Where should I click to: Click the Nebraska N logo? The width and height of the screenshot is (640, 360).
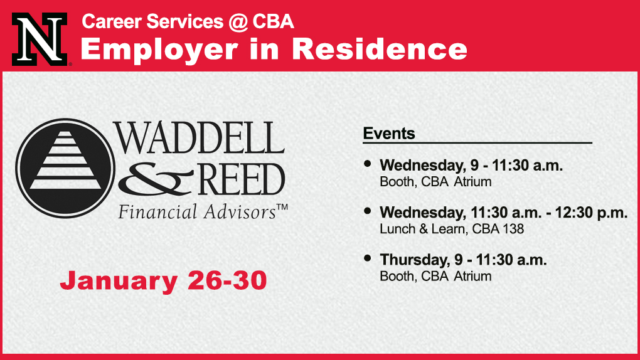point(40,39)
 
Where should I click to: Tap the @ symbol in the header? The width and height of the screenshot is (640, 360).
point(238,21)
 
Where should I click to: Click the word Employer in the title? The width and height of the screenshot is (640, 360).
point(159,50)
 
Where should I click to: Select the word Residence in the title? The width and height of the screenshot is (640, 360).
point(380,49)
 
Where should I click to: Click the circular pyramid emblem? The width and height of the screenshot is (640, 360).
point(65,168)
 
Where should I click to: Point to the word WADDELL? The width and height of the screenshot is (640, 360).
point(198,137)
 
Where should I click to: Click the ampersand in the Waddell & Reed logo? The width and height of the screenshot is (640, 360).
point(156,179)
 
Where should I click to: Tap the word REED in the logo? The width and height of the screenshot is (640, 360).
point(242,179)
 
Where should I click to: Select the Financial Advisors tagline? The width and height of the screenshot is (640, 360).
point(197,212)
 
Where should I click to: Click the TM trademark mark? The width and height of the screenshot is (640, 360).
point(282,207)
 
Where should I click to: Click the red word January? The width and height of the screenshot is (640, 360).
point(119,282)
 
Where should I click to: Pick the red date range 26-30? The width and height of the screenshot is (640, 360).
point(227,280)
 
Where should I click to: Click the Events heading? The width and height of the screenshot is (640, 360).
point(389,134)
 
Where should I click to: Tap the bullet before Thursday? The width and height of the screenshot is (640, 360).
point(367,258)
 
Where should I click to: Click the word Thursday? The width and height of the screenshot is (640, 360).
point(415,260)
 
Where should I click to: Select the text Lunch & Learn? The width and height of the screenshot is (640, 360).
point(423,229)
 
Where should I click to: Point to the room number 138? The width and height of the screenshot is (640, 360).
point(513,229)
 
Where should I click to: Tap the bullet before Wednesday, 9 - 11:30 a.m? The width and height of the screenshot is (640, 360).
point(367,164)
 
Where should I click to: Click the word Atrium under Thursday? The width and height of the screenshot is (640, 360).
point(472,277)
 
